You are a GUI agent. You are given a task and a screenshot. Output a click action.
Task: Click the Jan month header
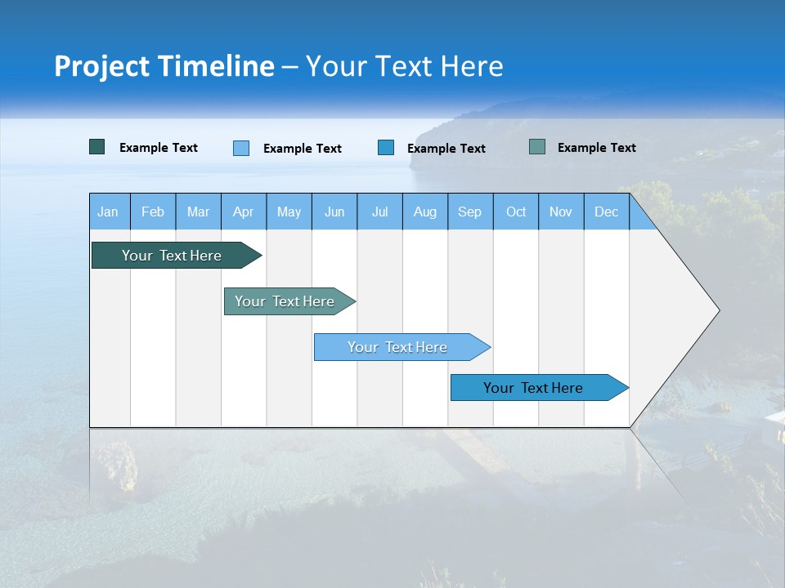tap(108, 212)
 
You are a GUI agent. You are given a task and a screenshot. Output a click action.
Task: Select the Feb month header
tap(153, 212)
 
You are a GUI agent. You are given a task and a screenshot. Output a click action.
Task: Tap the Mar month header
tap(198, 212)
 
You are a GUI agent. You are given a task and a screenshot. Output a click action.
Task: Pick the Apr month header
tap(244, 212)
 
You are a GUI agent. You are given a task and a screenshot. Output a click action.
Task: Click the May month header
tap(289, 212)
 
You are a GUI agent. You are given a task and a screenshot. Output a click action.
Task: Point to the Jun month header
tap(334, 212)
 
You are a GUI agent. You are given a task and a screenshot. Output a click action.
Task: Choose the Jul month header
tap(379, 212)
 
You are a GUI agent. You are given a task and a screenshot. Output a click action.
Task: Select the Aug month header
tap(425, 212)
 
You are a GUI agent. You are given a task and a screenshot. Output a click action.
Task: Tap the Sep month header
tap(470, 212)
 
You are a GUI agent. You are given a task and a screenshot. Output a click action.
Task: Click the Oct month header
tap(516, 212)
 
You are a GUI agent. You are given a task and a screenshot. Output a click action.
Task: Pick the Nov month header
tap(561, 212)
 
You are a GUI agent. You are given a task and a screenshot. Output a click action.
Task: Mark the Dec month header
tap(607, 212)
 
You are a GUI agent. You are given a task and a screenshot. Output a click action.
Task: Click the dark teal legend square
tap(97, 147)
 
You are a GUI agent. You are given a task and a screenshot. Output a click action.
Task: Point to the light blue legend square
tap(241, 148)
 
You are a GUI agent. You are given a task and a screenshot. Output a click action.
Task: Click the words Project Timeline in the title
tap(164, 66)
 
